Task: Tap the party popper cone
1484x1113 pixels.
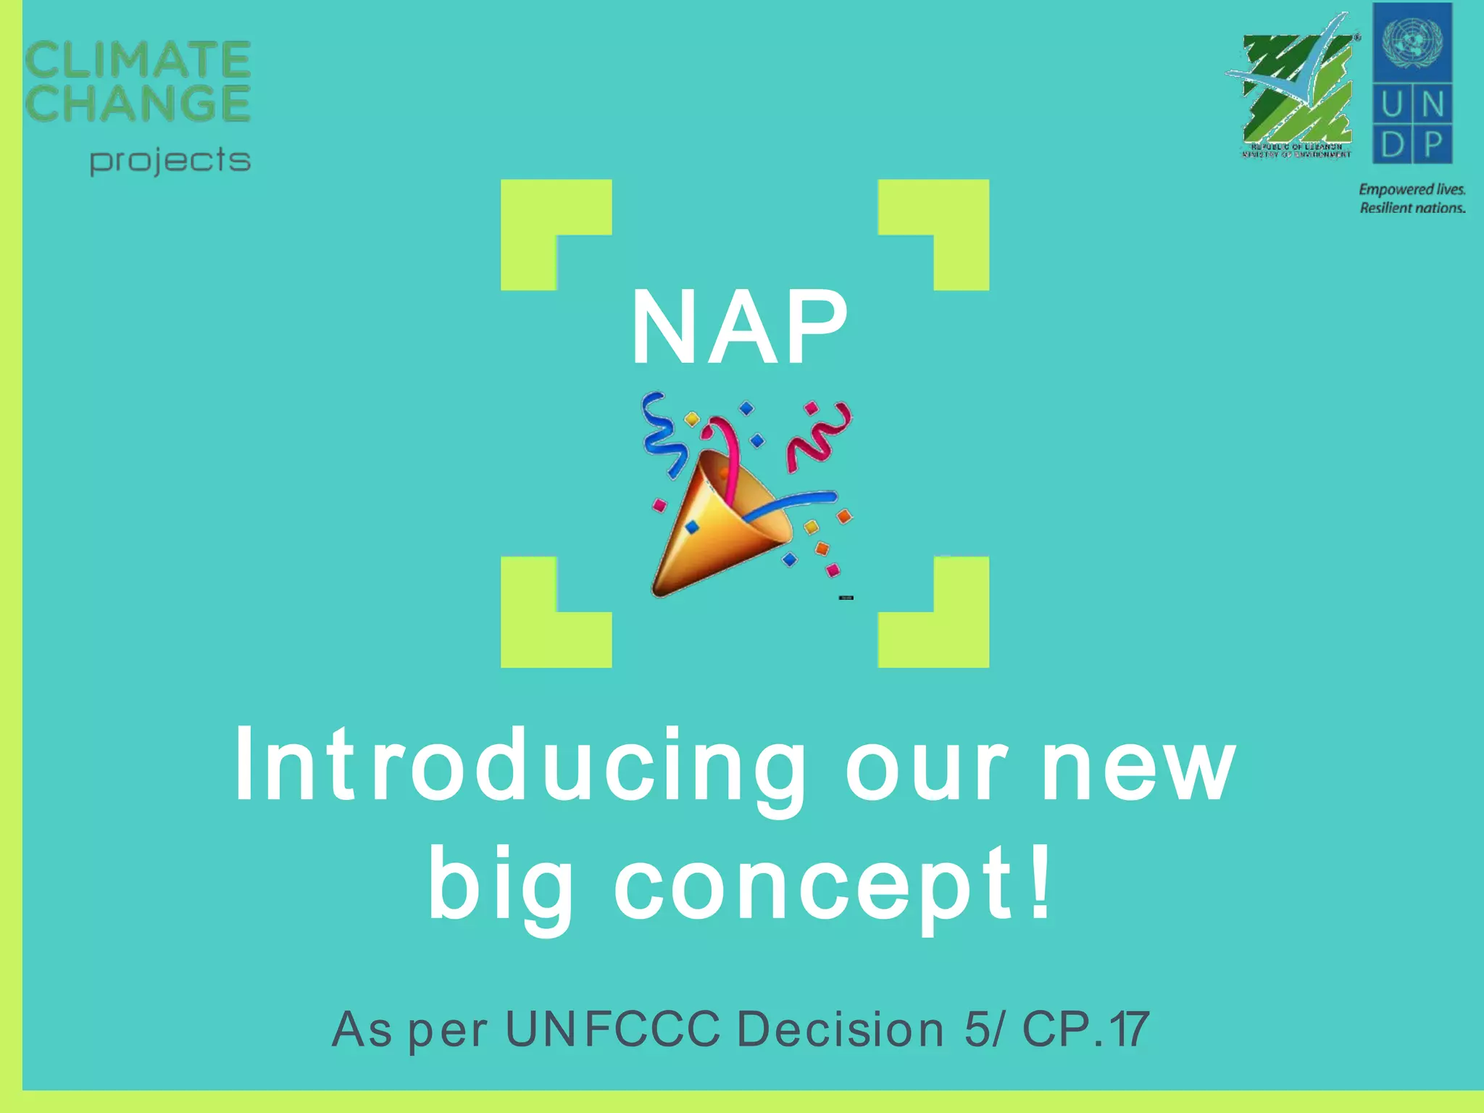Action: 714,533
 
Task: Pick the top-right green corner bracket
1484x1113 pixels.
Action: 949,217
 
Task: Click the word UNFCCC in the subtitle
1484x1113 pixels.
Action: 612,1029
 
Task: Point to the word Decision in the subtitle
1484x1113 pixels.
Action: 841,1029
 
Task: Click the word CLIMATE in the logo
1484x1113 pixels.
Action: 138,59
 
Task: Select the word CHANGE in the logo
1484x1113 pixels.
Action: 138,103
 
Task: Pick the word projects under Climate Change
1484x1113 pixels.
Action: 170,161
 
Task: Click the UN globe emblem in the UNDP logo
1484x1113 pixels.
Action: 1412,40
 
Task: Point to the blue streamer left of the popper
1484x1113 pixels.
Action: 663,435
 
